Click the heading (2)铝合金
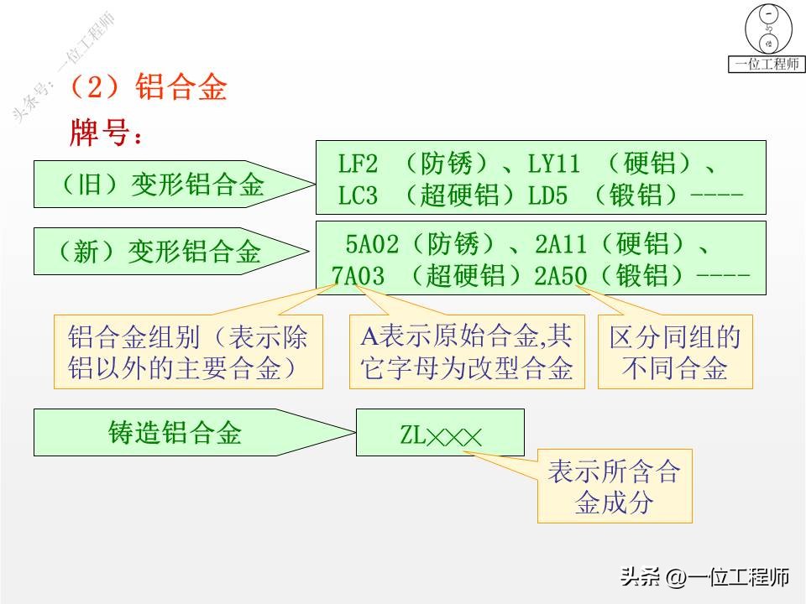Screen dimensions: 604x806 tap(147, 87)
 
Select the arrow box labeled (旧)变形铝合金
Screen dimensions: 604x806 tap(164, 185)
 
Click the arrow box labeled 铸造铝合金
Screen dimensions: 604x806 tap(176, 432)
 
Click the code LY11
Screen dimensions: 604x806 tap(553, 163)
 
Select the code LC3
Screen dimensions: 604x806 tap(358, 196)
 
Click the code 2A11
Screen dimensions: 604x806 tap(562, 244)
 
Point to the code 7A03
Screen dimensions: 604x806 tap(358, 276)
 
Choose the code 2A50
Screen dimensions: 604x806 tap(561, 276)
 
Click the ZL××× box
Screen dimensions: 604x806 tap(440, 433)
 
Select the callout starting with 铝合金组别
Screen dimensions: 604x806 tap(188, 351)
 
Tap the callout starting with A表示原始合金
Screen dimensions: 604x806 tap(467, 351)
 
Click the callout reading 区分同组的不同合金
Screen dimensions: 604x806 tap(675, 351)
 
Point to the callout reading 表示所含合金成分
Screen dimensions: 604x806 tap(614, 486)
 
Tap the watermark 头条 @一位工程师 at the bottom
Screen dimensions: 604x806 tap(704, 576)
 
